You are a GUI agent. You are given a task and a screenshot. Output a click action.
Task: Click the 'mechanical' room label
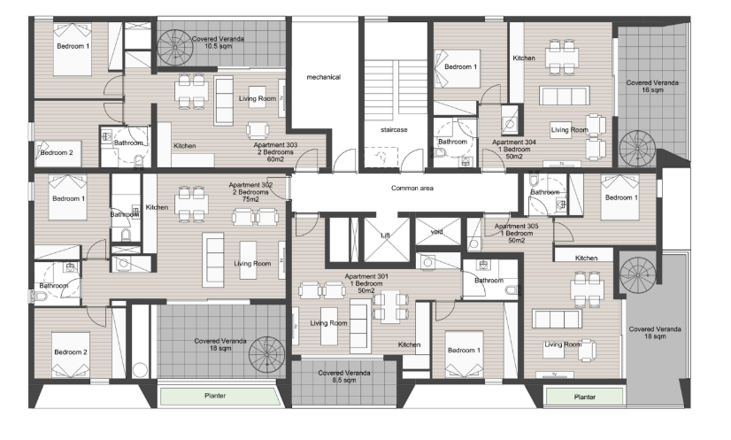pos(324,77)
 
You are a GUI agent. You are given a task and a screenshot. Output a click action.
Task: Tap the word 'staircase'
pos(394,130)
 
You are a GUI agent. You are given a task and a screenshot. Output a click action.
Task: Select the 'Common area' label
pos(412,188)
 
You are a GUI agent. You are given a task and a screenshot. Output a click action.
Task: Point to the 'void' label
pos(437,231)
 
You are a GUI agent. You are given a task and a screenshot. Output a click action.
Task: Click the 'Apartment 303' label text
pos(275,145)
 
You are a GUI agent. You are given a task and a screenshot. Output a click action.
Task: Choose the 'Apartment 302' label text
pos(250,185)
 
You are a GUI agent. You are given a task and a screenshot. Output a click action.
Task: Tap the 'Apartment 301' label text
pos(366,276)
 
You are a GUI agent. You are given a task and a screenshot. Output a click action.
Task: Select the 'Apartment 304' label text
pos(514,142)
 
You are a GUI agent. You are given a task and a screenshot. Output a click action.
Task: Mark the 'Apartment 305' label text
pos(517,226)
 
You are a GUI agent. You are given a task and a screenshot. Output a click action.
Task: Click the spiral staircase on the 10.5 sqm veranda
pos(175,48)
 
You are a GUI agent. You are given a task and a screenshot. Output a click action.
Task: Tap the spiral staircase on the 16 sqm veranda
pos(637,149)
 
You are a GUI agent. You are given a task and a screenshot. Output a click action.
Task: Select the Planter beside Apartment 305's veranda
pos(585,397)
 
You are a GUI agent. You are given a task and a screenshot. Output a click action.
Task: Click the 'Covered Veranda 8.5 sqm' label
pos(344,376)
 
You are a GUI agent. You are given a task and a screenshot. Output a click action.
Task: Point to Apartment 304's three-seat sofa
pos(564,96)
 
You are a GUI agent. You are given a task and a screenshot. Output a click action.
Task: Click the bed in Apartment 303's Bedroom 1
pos(73,49)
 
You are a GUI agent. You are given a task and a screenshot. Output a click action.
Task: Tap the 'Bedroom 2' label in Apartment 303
pos(57,152)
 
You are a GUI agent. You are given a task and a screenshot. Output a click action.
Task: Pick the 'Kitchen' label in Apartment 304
pos(524,58)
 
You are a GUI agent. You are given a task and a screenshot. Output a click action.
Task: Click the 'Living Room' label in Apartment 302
pos(252,264)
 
